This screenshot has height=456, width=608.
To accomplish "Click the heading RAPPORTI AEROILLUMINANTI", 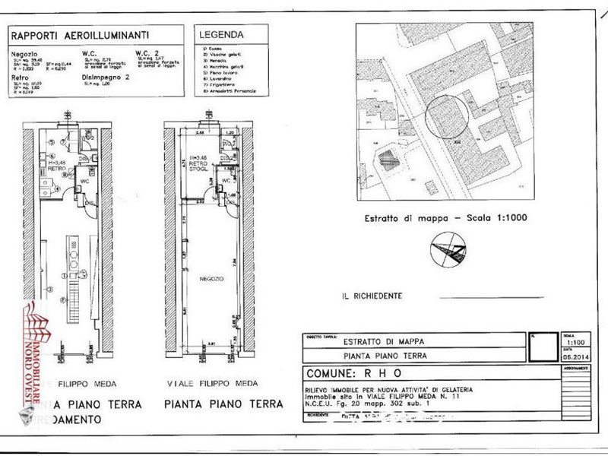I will point(80,34).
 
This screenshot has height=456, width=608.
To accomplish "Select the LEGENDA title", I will point(220,34).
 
